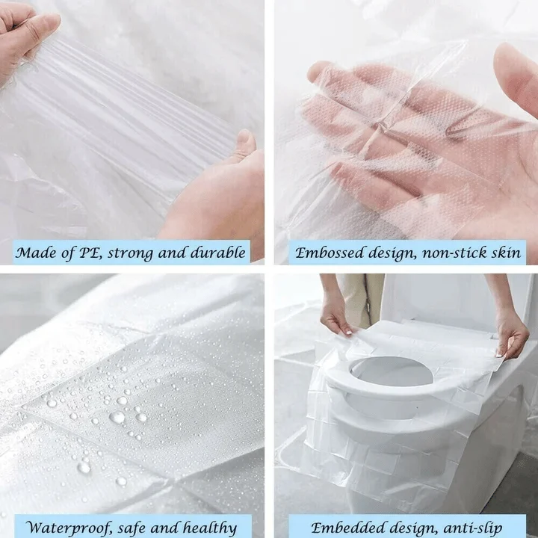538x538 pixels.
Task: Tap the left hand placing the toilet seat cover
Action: coord(336,314)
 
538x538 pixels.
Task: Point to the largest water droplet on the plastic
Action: coord(117,417)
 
